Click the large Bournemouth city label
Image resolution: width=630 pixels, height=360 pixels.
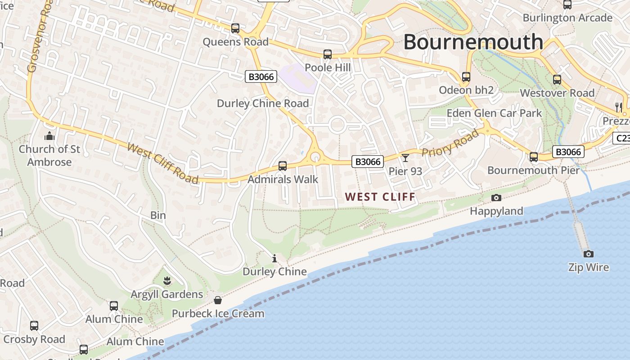click(x=473, y=42)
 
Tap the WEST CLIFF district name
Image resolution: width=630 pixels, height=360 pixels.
click(x=380, y=197)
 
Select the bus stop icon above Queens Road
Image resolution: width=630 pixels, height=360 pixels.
click(x=235, y=28)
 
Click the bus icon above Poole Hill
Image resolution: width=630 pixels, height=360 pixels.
click(x=328, y=54)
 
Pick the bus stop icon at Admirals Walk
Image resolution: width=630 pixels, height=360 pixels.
click(x=283, y=166)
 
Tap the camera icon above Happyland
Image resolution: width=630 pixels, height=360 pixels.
click(x=496, y=198)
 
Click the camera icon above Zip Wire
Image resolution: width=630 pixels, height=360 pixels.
click(x=588, y=254)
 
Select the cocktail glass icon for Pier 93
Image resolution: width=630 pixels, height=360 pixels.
click(x=405, y=157)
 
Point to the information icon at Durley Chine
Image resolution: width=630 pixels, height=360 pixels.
click(x=274, y=258)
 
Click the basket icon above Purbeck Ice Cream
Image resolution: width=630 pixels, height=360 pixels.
click(x=218, y=300)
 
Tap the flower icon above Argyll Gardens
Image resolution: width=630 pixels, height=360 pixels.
click(x=167, y=281)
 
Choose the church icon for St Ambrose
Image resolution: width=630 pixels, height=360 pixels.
click(x=49, y=135)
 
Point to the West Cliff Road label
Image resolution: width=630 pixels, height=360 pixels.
click(x=163, y=163)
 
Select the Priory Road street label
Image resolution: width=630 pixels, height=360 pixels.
click(x=450, y=143)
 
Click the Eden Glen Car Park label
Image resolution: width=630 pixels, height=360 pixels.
click(x=494, y=113)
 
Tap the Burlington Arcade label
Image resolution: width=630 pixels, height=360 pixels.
click(x=567, y=18)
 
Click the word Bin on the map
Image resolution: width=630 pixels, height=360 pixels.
click(x=158, y=216)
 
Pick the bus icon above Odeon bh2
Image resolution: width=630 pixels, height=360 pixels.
click(x=466, y=77)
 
